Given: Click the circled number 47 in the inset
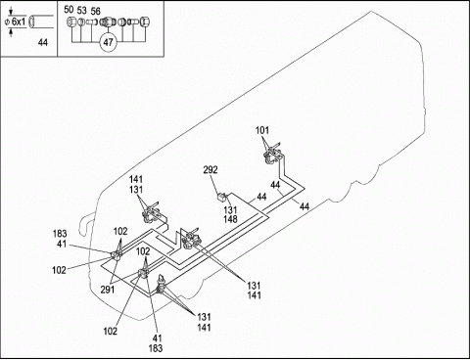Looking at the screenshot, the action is (108, 42).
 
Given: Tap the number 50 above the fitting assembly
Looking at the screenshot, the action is (69, 10).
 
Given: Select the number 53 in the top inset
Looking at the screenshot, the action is (82, 11).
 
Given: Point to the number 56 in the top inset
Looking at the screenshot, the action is (96, 12).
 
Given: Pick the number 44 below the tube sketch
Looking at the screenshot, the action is (43, 42).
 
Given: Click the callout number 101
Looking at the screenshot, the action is (262, 130).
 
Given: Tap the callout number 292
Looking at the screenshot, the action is (211, 170).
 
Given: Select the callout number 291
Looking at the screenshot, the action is (108, 290).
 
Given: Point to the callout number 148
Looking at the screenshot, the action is (230, 219).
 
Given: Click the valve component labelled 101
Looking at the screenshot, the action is (272, 155).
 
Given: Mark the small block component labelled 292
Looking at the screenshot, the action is (222, 197).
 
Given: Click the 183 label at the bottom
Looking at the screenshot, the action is (156, 348).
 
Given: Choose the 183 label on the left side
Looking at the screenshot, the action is (60, 234).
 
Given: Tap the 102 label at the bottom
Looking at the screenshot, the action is (111, 332).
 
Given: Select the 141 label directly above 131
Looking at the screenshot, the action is (136, 179).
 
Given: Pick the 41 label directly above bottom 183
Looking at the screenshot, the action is (157, 338).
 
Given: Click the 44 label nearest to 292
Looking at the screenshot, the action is (261, 197).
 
